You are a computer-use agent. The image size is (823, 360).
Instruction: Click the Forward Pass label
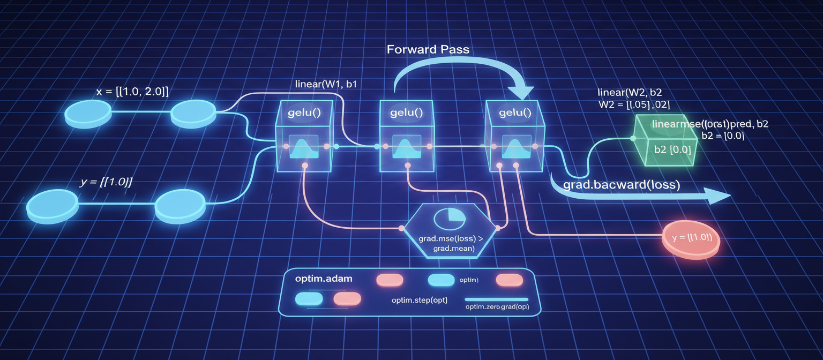point(428,50)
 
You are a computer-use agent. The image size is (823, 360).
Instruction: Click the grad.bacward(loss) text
point(622,185)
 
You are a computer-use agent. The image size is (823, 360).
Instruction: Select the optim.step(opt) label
point(419,299)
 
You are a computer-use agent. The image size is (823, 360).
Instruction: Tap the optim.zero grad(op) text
point(496,306)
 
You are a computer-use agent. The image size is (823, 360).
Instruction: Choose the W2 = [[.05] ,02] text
point(634,104)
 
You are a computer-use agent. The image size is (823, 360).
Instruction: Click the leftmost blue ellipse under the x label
point(88,112)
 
